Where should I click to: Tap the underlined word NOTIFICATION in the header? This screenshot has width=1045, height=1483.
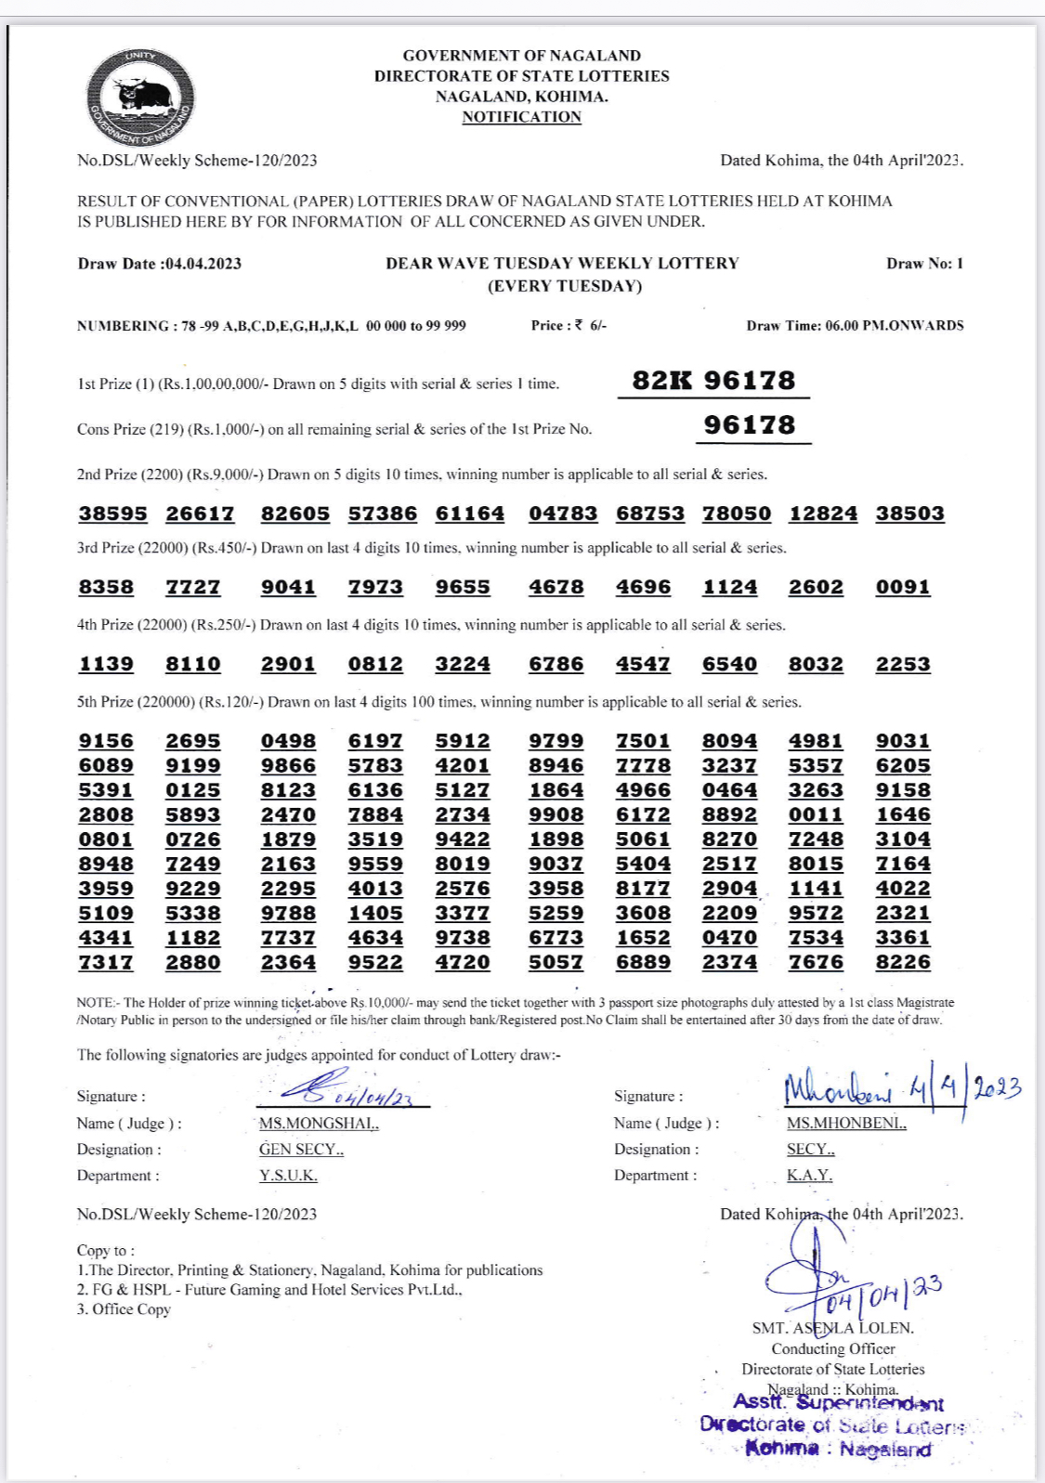point(521,117)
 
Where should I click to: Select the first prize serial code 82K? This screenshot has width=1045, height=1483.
point(661,381)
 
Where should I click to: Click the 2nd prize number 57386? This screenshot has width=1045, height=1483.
point(383,514)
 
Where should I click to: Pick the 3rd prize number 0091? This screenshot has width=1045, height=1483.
point(902,587)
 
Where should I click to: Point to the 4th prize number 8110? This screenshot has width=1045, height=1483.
point(193,664)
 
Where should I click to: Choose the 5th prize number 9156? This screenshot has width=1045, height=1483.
point(106,741)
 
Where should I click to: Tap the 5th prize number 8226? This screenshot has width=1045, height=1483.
point(902,962)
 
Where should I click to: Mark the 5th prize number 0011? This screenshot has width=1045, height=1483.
point(816,814)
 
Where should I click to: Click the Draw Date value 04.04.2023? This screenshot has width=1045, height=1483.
point(202,264)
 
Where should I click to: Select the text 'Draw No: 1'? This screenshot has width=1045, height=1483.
point(924,264)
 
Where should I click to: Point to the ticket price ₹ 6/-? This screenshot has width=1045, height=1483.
point(591,326)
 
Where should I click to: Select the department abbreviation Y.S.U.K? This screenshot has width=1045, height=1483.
point(288,1176)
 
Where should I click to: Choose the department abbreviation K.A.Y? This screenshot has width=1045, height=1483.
point(809,1176)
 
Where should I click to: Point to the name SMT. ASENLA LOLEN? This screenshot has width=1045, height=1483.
point(832,1328)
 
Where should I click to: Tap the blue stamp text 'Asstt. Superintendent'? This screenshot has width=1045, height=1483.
point(838,1403)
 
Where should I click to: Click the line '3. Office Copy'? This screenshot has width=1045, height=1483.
point(124,1309)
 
